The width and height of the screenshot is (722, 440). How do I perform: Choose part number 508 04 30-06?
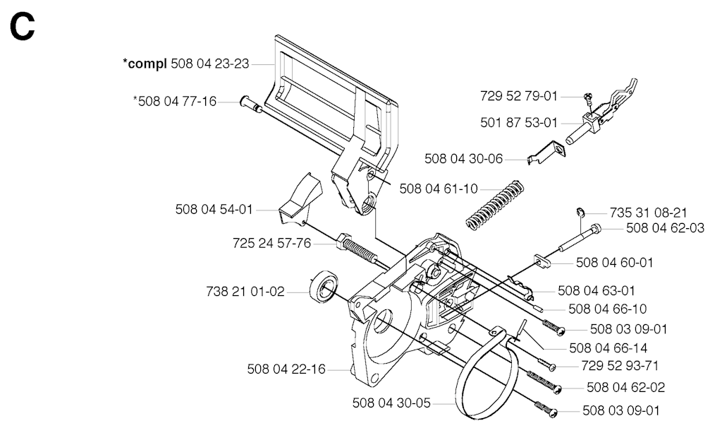tap(464, 159)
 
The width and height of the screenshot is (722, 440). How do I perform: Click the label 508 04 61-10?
tap(438, 188)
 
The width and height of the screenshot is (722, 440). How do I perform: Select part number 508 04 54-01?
tap(214, 209)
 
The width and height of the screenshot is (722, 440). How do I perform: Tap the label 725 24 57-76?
tap(271, 244)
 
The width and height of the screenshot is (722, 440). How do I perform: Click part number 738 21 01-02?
tap(246, 291)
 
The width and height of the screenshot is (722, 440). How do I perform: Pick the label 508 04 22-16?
tap(287, 369)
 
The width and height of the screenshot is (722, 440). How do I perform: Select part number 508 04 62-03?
tap(664, 227)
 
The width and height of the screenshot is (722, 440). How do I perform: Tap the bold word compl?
tap(145, 64)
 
